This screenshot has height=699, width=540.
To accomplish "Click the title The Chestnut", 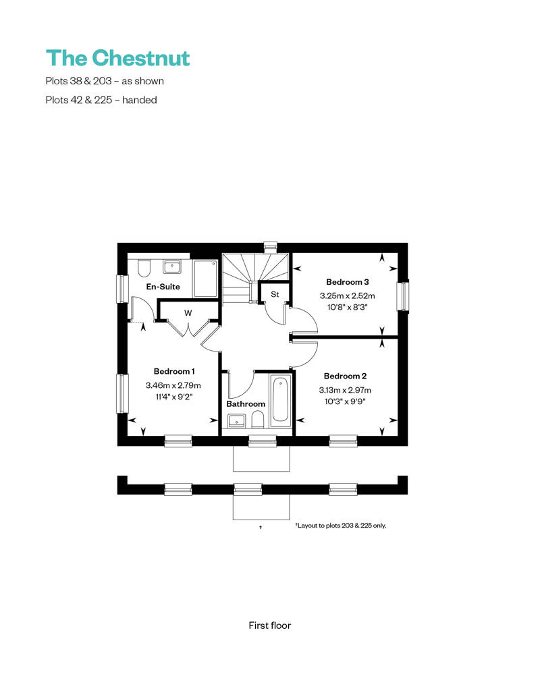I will point(117,58).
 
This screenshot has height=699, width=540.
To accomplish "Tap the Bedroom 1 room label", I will point(174,371).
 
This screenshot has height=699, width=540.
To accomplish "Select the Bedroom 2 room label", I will point(345,376).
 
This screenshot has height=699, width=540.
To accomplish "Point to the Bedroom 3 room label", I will point(348,282).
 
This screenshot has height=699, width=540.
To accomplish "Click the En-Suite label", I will point(163,287).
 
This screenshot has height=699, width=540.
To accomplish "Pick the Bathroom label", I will point(246,403).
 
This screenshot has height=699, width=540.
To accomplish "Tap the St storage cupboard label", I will point(275,294).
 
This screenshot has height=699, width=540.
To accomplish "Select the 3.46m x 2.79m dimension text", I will point(173,385).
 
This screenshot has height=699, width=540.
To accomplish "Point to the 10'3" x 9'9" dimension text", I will point(345,401).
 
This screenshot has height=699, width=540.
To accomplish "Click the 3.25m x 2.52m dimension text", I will point(348,296).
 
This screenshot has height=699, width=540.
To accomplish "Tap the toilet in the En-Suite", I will point(142,269).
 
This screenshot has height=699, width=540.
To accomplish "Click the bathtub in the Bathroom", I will point(280,401).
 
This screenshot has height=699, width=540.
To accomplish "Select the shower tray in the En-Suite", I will point(205,279).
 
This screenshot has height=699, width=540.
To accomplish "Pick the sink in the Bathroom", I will point(236,421).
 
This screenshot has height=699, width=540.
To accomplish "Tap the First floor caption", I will point(270,625).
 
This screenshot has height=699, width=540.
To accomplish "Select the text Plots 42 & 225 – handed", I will point(101,100).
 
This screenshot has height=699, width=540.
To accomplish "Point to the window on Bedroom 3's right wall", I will point(402,297).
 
